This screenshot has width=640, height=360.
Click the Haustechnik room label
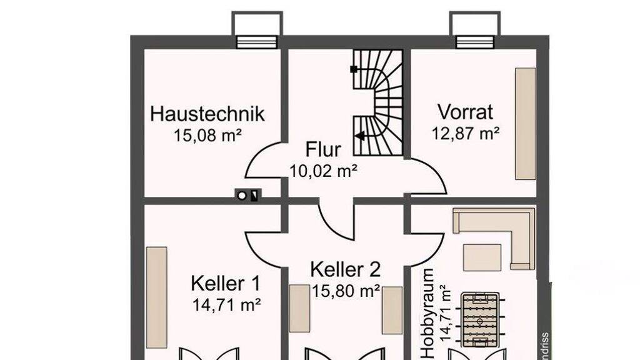[x=207, y=114]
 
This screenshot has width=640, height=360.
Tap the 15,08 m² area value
[x=208, y=136]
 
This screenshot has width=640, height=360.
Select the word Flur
[x=323, y=150]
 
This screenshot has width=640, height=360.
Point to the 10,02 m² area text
[x=323, y=170]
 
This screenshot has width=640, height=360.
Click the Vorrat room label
[x=465, y=112]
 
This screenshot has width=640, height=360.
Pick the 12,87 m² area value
[x=466, y=133]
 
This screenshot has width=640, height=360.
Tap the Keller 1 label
[x=226, y=283]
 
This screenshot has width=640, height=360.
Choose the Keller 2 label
[x=345, y=269]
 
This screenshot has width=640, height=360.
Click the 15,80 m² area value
[x=346, y=291]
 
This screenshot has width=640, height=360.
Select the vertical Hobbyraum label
[x=428, y=314]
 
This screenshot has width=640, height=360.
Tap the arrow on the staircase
[x=360, y=135]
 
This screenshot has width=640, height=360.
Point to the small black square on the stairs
[x=354, y=69]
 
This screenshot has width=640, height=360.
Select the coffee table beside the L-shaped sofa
[x=482, y=257]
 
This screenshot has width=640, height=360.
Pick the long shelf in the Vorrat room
[x=525, y=124]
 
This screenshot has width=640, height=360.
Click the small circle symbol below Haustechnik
[x=242, y=196]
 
